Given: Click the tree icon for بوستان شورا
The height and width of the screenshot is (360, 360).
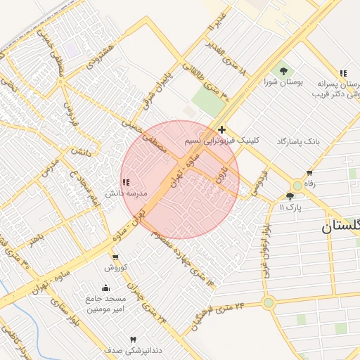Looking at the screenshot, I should tap(283, 70).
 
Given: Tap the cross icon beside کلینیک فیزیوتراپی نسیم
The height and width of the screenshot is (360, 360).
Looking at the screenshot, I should tap(222, 129).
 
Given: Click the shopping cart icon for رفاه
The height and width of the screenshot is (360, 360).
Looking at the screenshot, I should tap(309, 173).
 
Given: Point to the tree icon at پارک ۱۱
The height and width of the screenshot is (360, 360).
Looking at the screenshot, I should tap(290, 196).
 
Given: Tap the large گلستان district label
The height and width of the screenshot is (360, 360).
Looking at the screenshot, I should tap(342, 226).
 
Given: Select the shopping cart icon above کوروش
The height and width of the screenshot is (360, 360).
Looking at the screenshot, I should tap(115, 257).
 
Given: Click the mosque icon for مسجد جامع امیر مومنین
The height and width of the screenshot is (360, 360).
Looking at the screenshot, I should tap(105, 288).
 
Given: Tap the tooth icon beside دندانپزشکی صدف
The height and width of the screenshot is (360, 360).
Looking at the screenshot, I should tap(134, 340).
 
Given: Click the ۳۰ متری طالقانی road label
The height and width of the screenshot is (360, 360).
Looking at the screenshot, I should tap(215, 80).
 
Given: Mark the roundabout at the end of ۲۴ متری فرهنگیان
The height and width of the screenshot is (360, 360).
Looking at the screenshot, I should tap(268, 303).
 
